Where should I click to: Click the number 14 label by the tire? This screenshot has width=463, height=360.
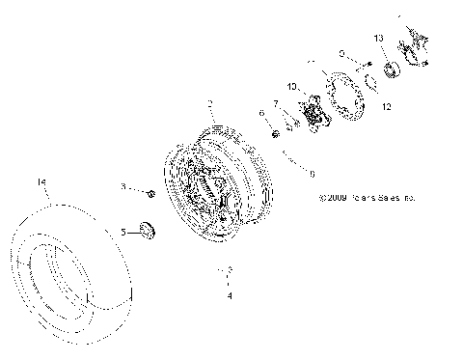[x=41, y=181]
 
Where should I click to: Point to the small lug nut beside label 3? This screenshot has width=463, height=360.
[x=152, y=194]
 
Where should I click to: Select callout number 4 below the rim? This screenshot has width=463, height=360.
[x=229, y=296]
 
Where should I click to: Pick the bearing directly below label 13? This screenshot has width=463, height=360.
[x=393, y=69]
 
